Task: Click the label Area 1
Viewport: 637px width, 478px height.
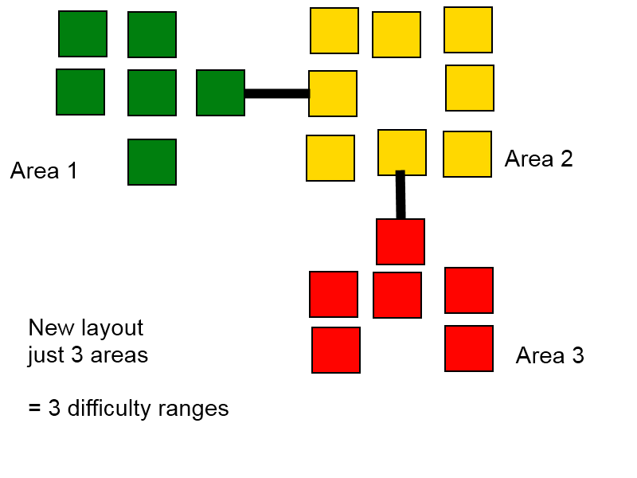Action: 44,170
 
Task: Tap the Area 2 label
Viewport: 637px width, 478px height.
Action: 539,159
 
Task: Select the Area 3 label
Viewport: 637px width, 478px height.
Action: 549,355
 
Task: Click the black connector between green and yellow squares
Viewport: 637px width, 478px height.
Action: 277,93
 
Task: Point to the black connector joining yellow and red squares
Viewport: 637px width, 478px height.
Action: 401,194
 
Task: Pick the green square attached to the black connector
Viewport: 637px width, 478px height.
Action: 221,92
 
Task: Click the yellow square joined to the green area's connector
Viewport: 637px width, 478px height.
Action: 333,93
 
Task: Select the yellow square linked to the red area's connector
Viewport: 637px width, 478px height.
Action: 402,153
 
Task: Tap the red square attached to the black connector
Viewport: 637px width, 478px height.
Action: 401,242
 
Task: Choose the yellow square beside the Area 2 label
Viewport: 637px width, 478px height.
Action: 467,154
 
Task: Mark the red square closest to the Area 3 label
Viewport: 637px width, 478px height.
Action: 469,348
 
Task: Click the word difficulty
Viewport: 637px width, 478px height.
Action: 109,409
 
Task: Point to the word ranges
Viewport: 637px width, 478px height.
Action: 193,409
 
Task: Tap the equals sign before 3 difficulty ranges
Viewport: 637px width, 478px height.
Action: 34,408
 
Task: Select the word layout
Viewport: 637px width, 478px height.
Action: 112,327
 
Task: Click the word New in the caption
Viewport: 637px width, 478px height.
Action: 52,327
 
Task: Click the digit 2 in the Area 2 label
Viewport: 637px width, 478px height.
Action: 567,159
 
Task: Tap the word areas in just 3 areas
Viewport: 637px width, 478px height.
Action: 119,355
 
